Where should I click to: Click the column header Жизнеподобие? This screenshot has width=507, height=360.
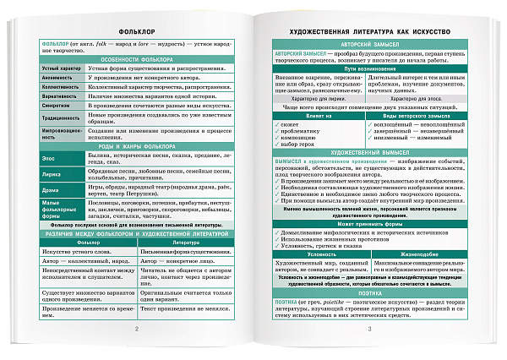(x=415, y=253)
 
